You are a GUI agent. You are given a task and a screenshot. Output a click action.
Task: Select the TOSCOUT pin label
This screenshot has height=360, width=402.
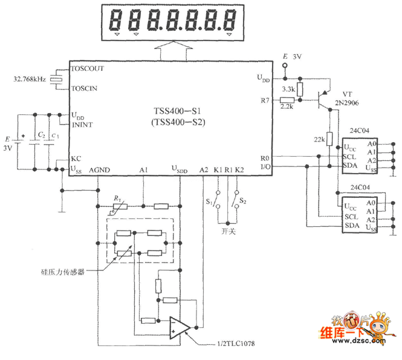coord(88,68)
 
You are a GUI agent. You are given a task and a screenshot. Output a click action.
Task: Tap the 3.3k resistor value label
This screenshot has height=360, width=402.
coord(288,88)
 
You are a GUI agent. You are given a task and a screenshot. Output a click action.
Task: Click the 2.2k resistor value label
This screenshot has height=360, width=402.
coord(288,106)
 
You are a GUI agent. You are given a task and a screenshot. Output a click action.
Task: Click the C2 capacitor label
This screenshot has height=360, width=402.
coord(39,134)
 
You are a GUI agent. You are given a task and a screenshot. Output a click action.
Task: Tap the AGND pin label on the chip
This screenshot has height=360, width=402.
coord(99,171)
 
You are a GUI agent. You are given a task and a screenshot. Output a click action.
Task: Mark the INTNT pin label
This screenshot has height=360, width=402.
coord(82,125)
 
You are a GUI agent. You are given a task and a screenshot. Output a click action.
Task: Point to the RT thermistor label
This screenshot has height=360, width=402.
coord(117,198)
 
